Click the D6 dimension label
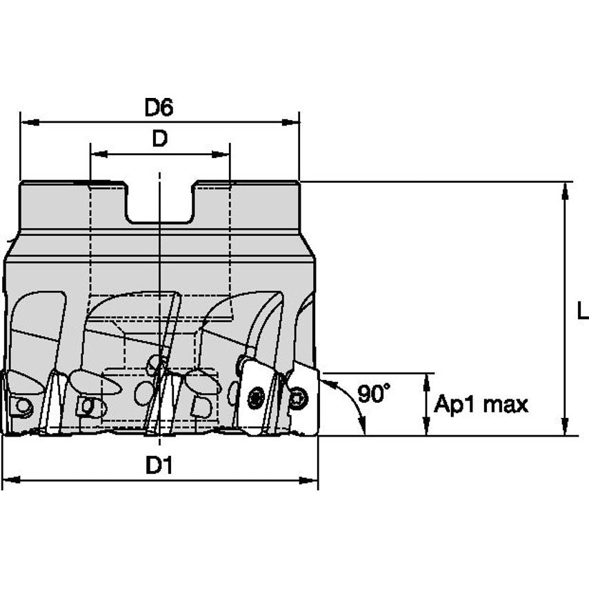pos(159,108)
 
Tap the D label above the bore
pos(159,139)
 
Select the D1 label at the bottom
pos(159,466)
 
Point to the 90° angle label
pos(373,393)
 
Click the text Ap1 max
pos(481,405)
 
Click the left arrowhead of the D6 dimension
pos(30,122)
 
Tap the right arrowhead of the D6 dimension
pos(290,122)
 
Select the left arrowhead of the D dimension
pos(99,154)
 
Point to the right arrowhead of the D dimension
pos(221,154)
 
